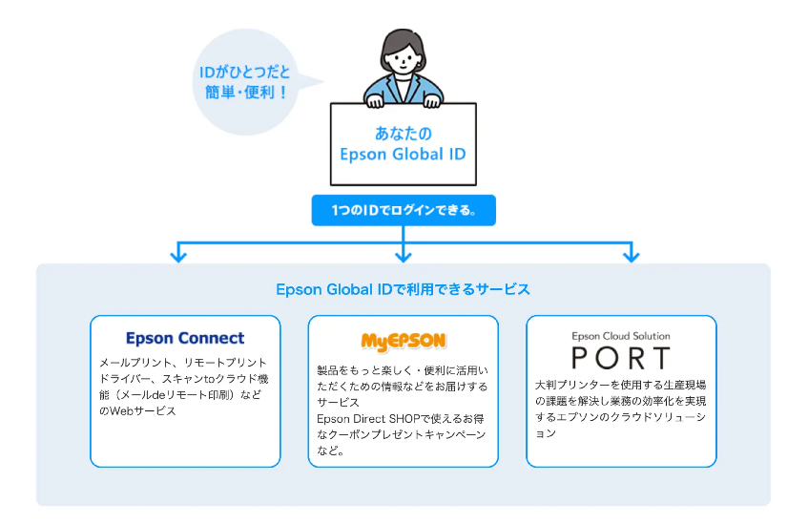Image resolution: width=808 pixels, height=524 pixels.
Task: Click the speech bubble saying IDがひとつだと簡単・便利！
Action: pos(245,82)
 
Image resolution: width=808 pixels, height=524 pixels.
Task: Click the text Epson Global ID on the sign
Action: pos(403,154)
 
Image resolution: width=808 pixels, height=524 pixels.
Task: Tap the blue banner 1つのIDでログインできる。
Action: pos(403,210)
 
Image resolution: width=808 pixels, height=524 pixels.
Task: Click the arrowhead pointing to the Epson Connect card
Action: pos(176,255)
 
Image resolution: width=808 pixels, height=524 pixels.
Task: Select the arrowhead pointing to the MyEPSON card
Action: pos(404,255)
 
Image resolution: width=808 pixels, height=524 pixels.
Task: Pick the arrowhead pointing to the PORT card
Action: pos(630,255)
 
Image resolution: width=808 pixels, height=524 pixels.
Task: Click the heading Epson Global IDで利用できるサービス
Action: pos(403,288)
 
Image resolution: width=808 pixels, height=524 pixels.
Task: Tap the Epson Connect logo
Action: pos(185,338)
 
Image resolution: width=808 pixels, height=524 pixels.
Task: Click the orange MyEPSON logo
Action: pos(404,341)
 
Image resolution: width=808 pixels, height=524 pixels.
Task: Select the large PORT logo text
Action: pos(621,359)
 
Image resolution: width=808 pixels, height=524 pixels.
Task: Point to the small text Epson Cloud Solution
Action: pos(621,336)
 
